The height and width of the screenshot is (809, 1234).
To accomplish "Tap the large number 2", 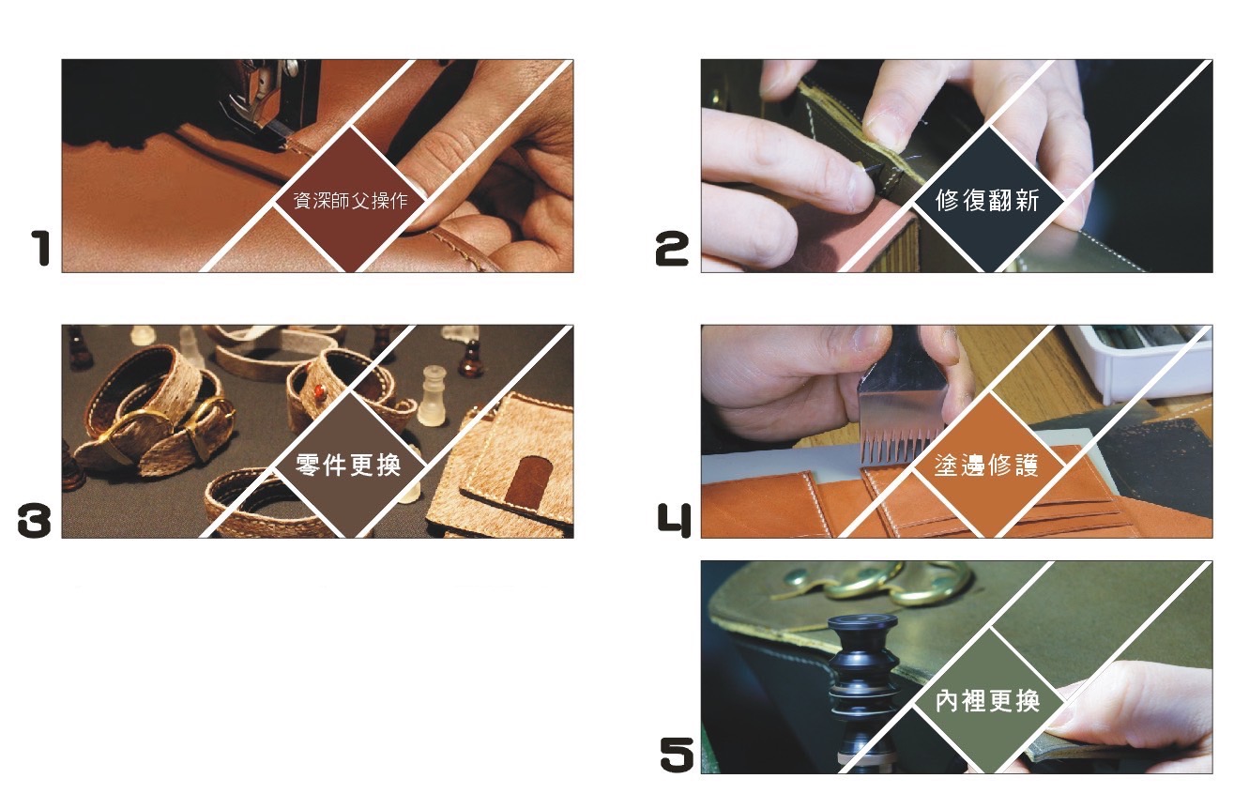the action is [672, 249].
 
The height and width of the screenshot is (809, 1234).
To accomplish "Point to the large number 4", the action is [675, 520].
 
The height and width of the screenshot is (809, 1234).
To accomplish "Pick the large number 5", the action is [677, 755].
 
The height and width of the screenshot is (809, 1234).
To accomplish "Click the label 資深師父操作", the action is [350, 200].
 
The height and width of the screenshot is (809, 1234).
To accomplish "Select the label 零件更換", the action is [348, 466].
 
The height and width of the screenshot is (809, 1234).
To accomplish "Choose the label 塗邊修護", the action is [986, 466].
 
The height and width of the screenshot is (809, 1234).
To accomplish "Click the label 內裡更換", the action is [987, 701].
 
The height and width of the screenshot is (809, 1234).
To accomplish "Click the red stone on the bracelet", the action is [318, 392].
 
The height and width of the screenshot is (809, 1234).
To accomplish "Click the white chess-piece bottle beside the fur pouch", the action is [432, 397].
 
